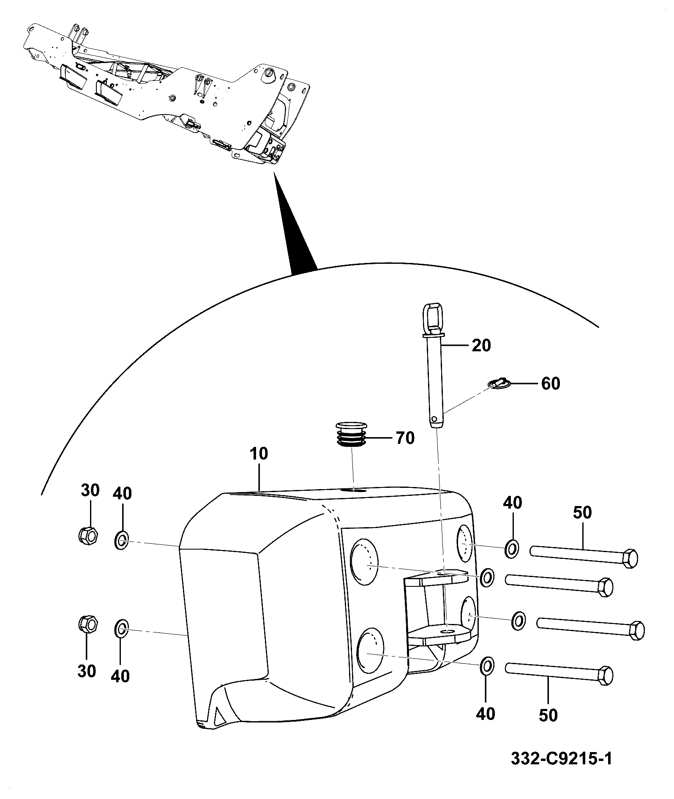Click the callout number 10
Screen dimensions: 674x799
click(x=259, y=454)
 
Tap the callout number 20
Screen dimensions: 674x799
click(x=481, y=346)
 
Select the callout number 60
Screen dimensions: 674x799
click(x=551, y=384)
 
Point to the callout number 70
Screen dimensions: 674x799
click(x=405, y=438)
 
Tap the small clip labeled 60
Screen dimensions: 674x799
click(x=499, y=383)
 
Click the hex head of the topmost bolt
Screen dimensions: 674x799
click(x=630, y=559)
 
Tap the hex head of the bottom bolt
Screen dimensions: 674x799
click(x=606, y=687)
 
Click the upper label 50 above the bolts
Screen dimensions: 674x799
click(x=582, y=513)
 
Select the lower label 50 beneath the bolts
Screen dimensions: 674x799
click(x=548, y=716)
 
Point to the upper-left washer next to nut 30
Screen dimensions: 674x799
click(x=121, y=541)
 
